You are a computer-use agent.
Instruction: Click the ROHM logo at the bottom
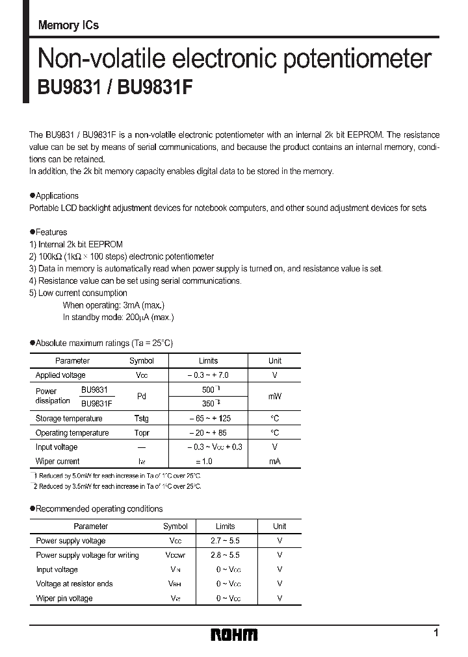click(234, 634)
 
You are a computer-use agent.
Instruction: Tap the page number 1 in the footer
click(435, 632)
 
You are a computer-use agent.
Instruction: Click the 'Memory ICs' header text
click(68, 25)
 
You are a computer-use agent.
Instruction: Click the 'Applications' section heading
click(57, 195)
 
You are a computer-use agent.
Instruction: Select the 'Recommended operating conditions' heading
click(99, 508)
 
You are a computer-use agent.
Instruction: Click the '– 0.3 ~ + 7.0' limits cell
click(208, 375)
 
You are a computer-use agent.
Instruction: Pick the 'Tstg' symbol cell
click(141, 419)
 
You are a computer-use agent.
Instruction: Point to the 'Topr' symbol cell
click(141, 433)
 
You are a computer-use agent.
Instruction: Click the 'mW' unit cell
click(275, 396)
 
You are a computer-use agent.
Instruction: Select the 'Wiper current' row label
click(58, 462)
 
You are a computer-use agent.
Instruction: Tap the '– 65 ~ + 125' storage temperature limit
click(208, 419)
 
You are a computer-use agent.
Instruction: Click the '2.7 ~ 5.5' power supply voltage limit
click(226, 541)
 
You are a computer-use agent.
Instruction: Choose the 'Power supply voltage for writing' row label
click(87, 555)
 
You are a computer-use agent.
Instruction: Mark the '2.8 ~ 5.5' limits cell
click(226, 555)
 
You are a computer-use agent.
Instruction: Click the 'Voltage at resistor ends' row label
click(74, 584)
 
